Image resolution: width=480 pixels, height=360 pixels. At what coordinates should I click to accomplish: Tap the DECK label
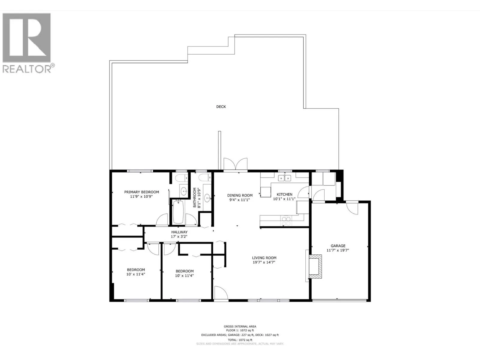tap(221, 107)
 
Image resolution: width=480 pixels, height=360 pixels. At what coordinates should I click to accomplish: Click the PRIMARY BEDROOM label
tap(142, 192)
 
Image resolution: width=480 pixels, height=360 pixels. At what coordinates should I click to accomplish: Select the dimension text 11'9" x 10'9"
tap(141, 196)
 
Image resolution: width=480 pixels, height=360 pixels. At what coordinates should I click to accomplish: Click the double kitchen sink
tap(284, 178)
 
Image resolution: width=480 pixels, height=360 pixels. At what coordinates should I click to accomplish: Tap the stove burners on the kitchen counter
tap(286, 221)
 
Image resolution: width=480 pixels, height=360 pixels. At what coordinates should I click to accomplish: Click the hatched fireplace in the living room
tap(315, 266)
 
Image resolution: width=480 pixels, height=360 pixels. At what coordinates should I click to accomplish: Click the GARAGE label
tap(338, 246)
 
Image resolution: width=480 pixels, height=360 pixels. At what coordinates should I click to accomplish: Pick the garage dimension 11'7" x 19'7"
tap(337, 250)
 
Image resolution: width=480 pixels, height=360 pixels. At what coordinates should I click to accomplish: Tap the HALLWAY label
tap(179, 232)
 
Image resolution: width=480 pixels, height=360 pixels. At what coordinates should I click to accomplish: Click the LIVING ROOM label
tap(264, 258)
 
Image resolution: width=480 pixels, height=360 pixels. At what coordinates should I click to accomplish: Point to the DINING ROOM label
tap(240, 195)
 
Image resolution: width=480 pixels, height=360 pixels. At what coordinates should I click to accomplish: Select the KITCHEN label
tap(284, 194)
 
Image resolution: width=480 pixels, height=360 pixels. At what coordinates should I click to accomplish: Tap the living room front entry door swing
tap(221, 293)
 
